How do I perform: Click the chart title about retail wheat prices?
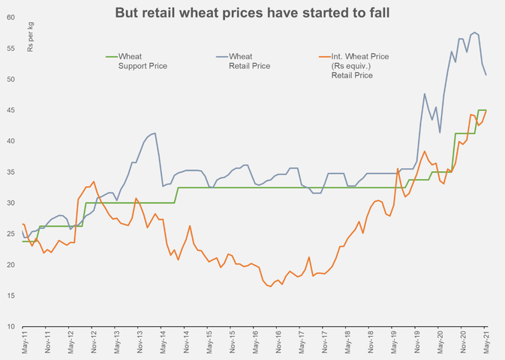[x=252, y=13]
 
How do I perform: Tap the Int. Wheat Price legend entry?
[x=352, y=65]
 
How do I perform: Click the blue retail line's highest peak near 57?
[x=474, y=32]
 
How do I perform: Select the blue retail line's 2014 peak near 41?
[x=155, y=133]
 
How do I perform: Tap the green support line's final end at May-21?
[x=486, y=110]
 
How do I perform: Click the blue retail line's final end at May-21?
[x=486, y=75]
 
